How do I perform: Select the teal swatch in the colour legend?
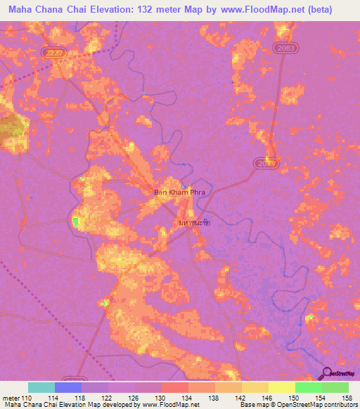pos(41,387)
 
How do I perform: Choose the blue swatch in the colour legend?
pos(68,387)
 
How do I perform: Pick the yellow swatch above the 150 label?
pos(281,387)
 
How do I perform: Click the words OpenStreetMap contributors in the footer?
pos(321,405)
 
